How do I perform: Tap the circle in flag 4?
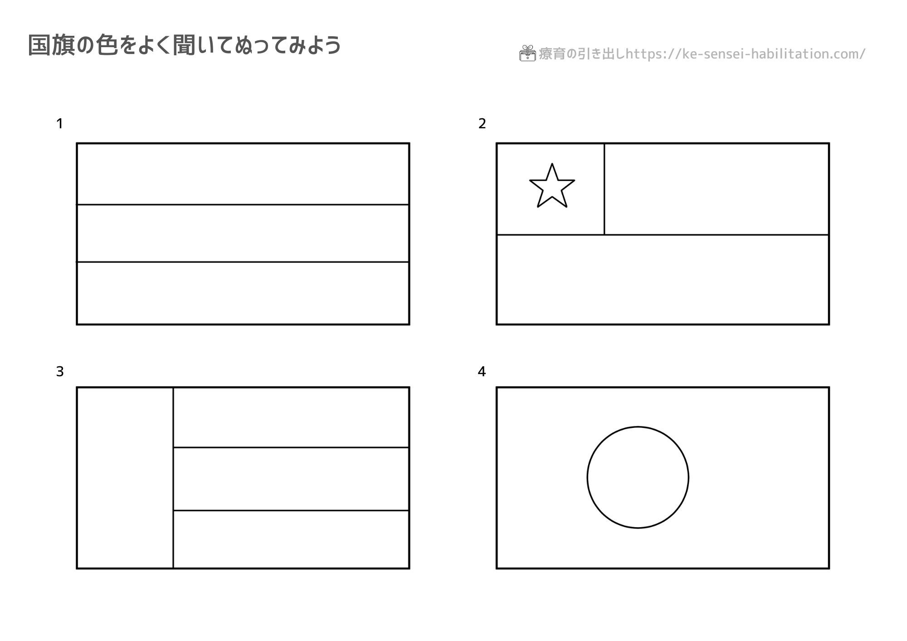click(x=638, y=427)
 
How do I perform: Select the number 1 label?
click(x=59, y=123)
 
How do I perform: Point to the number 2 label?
click(x=482, y=123)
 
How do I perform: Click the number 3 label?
click(x=60, y=372)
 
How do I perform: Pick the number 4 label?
click(x=482, y=372)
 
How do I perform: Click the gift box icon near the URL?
click(x=527, y=53)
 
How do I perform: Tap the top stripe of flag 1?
click(x=243, y=174)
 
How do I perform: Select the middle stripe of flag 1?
click(x=243, y=233)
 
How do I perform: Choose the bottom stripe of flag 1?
click(x=243, y=293)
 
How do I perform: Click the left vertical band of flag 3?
click(x=125, y=478)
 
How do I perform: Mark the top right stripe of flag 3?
click(x=291, y=418)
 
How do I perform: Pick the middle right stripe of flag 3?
click(x=291, y=479)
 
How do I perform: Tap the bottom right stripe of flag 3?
click(x=291, y=539)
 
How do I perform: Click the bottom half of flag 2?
click(x=663, y=279)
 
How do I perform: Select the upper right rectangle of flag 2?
click(x=717, y=189)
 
